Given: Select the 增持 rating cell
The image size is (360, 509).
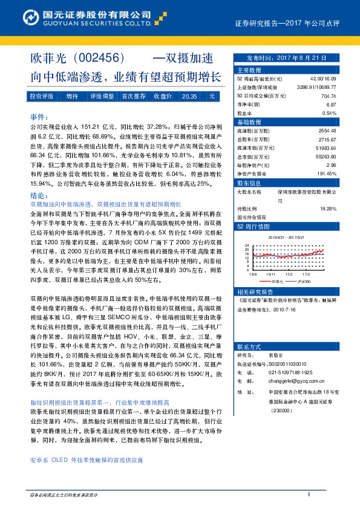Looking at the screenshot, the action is [x=72, y=96].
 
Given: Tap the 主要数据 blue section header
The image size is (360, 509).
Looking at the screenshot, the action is [x=248, y=70].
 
